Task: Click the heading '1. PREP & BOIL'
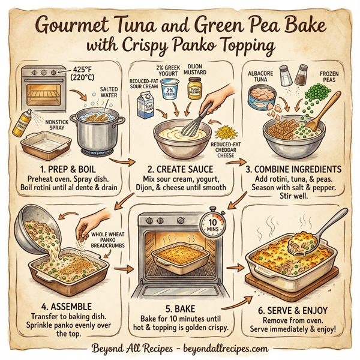67,169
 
